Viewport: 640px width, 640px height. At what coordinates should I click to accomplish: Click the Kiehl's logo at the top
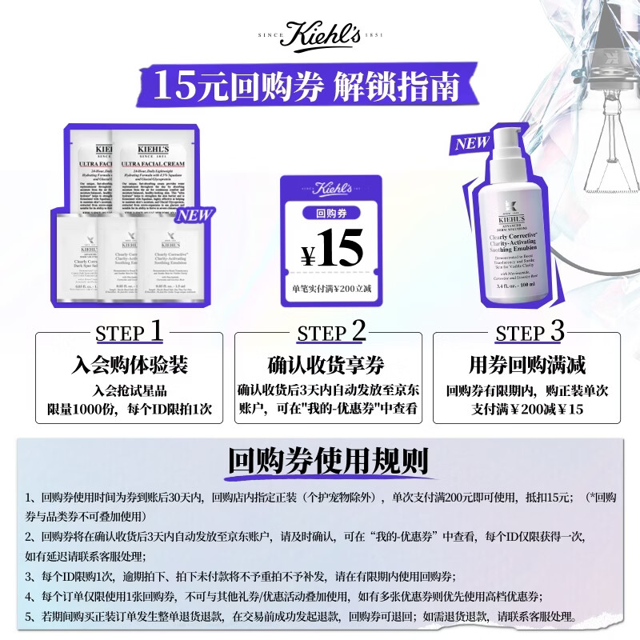[x=320, y=38]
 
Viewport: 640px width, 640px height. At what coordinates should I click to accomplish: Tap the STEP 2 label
[x=331, y=332]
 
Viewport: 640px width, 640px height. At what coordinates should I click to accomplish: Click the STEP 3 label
[x=530, y=332]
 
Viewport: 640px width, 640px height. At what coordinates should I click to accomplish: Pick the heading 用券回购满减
[x=527, y=366]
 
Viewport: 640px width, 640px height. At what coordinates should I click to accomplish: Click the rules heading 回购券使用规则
[x=327, y=462]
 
